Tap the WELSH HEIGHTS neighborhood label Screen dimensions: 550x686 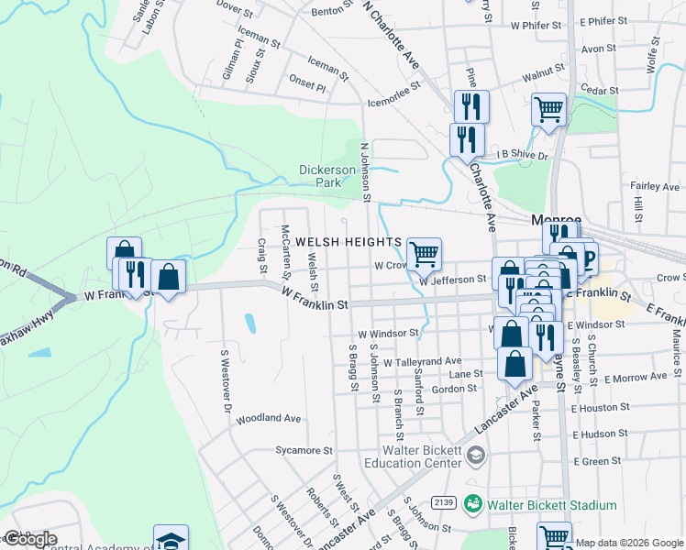(348, 242)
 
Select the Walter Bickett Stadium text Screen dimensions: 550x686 (551, 505)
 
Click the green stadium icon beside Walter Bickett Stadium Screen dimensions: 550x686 (473, 504)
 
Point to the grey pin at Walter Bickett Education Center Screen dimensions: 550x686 (475, 455)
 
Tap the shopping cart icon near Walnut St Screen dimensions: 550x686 (548, 109)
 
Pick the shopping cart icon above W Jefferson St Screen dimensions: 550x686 (424, 253)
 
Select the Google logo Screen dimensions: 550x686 (29, 539)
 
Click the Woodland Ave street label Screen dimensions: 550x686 (269, 418)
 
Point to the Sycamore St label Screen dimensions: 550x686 (304, 450)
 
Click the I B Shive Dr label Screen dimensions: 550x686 (522, 155)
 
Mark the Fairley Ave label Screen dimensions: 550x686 (655, 186)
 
